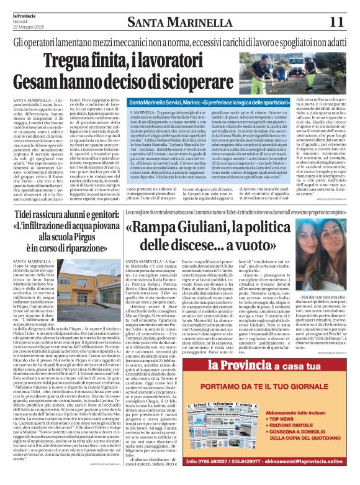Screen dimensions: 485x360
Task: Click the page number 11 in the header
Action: click(336, 21)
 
